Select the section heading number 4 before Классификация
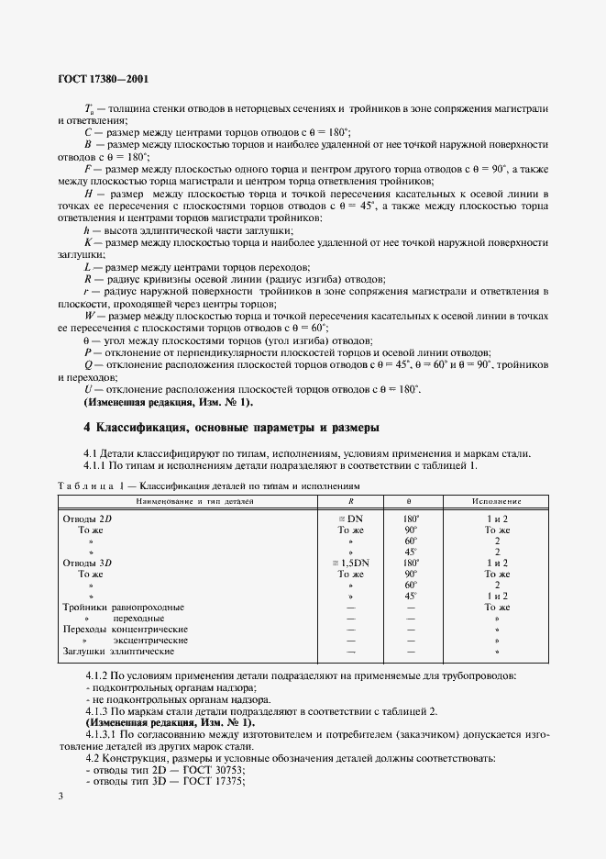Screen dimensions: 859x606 [x=87, y=428]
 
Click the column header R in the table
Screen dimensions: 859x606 [x=351, y=502]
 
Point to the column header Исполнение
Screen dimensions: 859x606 [x=497, y=502]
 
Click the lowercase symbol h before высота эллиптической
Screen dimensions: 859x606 [x=87, y=234]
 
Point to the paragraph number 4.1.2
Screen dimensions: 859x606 [x=97, y=676]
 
